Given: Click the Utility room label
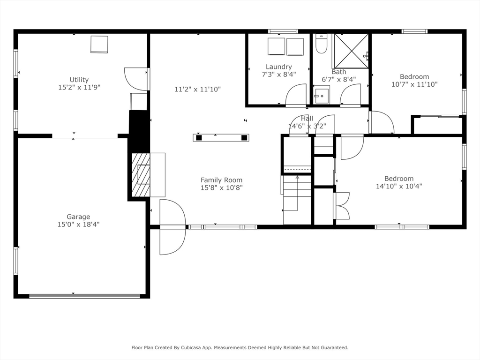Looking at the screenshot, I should (x=79, y=80).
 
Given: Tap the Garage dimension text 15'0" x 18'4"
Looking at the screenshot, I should (x=78, y=225).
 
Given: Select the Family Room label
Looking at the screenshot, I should (x=221, y=180).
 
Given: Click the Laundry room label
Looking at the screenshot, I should (x=278, y=67).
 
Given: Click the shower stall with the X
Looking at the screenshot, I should (x=351, y=51).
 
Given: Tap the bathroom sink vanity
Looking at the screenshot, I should (x=322, y=95).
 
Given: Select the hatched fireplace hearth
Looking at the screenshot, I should (x=141, y=175).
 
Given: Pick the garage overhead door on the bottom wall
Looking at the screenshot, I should (x=84, y=296).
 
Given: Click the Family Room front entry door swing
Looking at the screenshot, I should (x=172, y=227).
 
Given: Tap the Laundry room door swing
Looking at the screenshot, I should (x=296, y=95).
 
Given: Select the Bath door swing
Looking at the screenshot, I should (x=350, y=95).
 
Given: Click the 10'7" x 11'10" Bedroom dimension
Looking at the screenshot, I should (x=414, y=84).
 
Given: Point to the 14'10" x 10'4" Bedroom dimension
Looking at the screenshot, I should (x=399, y=186).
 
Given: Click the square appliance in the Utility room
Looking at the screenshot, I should (x=99, y=44).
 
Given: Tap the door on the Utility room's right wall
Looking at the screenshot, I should (x=136, y=79).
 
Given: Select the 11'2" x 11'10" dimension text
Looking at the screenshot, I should (x=197, y=89).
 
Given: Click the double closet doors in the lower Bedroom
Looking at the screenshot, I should (x=342, y=206).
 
